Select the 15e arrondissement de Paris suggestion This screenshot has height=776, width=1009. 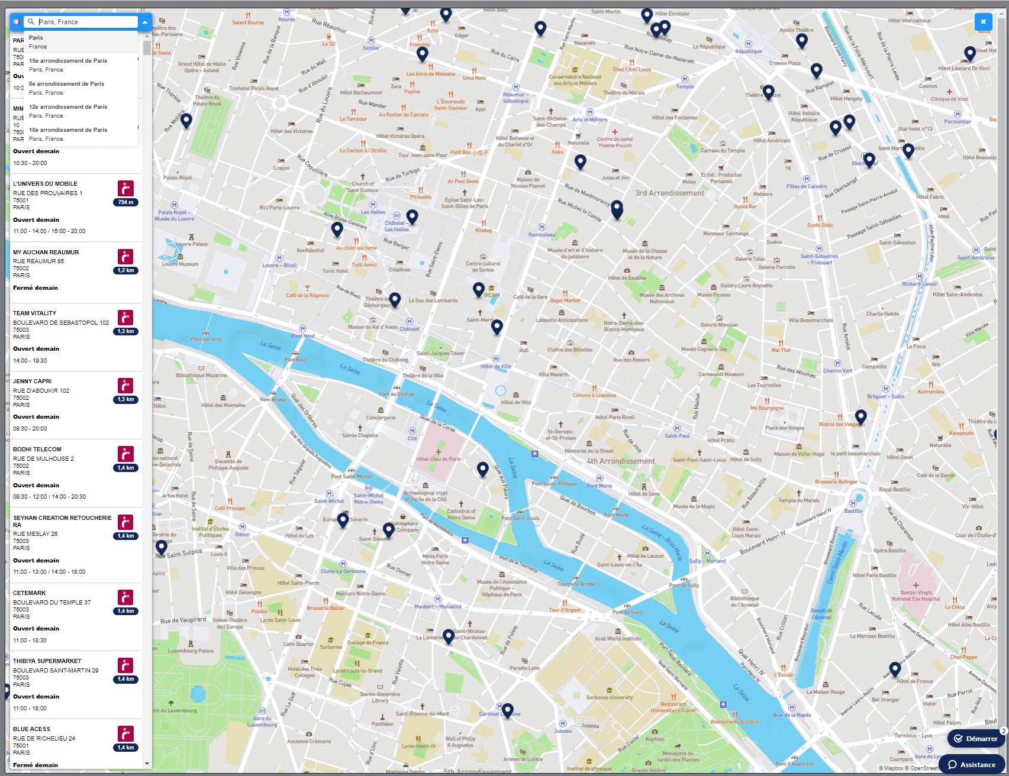68,61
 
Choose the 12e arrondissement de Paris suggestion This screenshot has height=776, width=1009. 68,107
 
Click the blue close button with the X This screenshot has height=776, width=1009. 983,22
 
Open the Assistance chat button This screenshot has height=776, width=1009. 972,764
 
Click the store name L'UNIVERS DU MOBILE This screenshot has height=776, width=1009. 45,184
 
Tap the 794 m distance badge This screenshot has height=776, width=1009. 125,202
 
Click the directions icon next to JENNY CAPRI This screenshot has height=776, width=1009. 125,386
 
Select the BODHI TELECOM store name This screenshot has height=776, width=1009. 37,450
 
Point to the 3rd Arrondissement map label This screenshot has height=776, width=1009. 669,193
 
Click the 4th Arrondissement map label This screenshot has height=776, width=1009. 620,461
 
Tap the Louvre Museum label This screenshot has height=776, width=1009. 180,264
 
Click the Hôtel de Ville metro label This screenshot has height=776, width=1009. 496,366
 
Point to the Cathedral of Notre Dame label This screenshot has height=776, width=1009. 460,514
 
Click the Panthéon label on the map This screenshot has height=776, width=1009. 382,723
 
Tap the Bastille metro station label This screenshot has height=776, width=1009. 853,510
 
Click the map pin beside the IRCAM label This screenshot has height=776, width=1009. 479,289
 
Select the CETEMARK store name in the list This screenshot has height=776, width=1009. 30,593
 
